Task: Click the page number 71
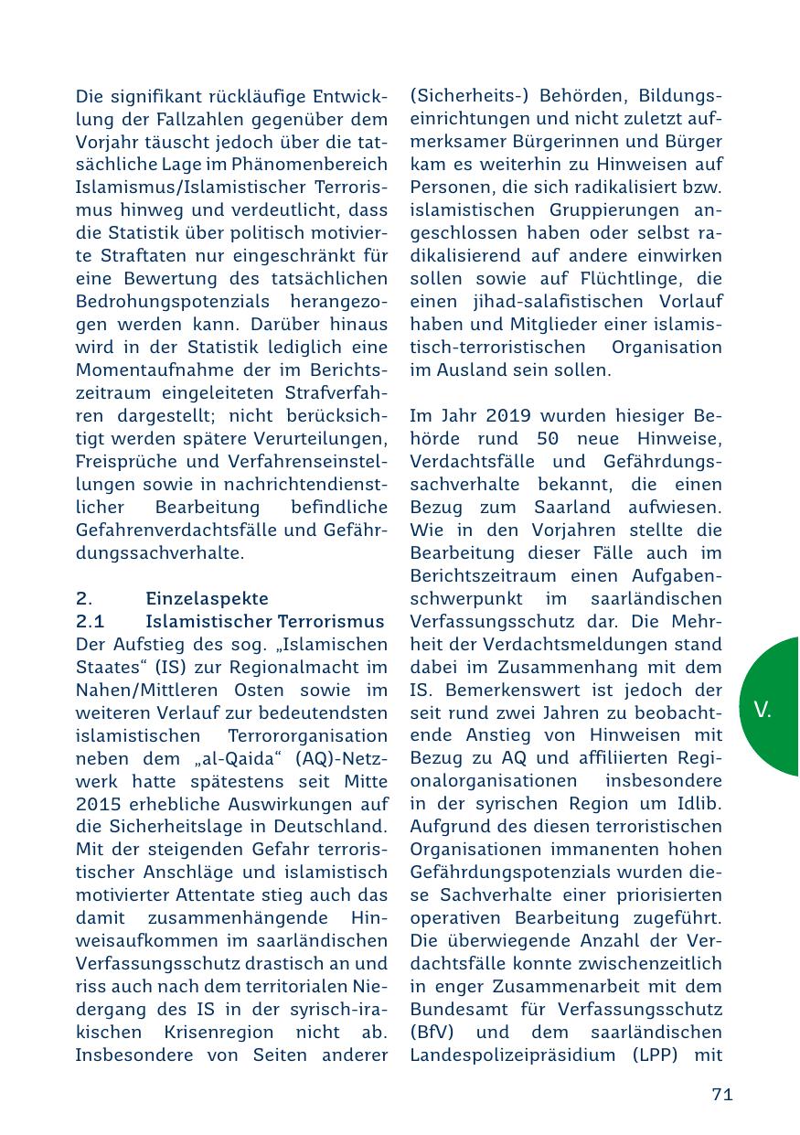(x=722, y=1094)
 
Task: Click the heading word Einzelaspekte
(x=208, y=598)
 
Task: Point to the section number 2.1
(x=91, y=621)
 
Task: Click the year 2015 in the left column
(x=95, y=804)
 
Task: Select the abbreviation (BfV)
(x=431, y=1033)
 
